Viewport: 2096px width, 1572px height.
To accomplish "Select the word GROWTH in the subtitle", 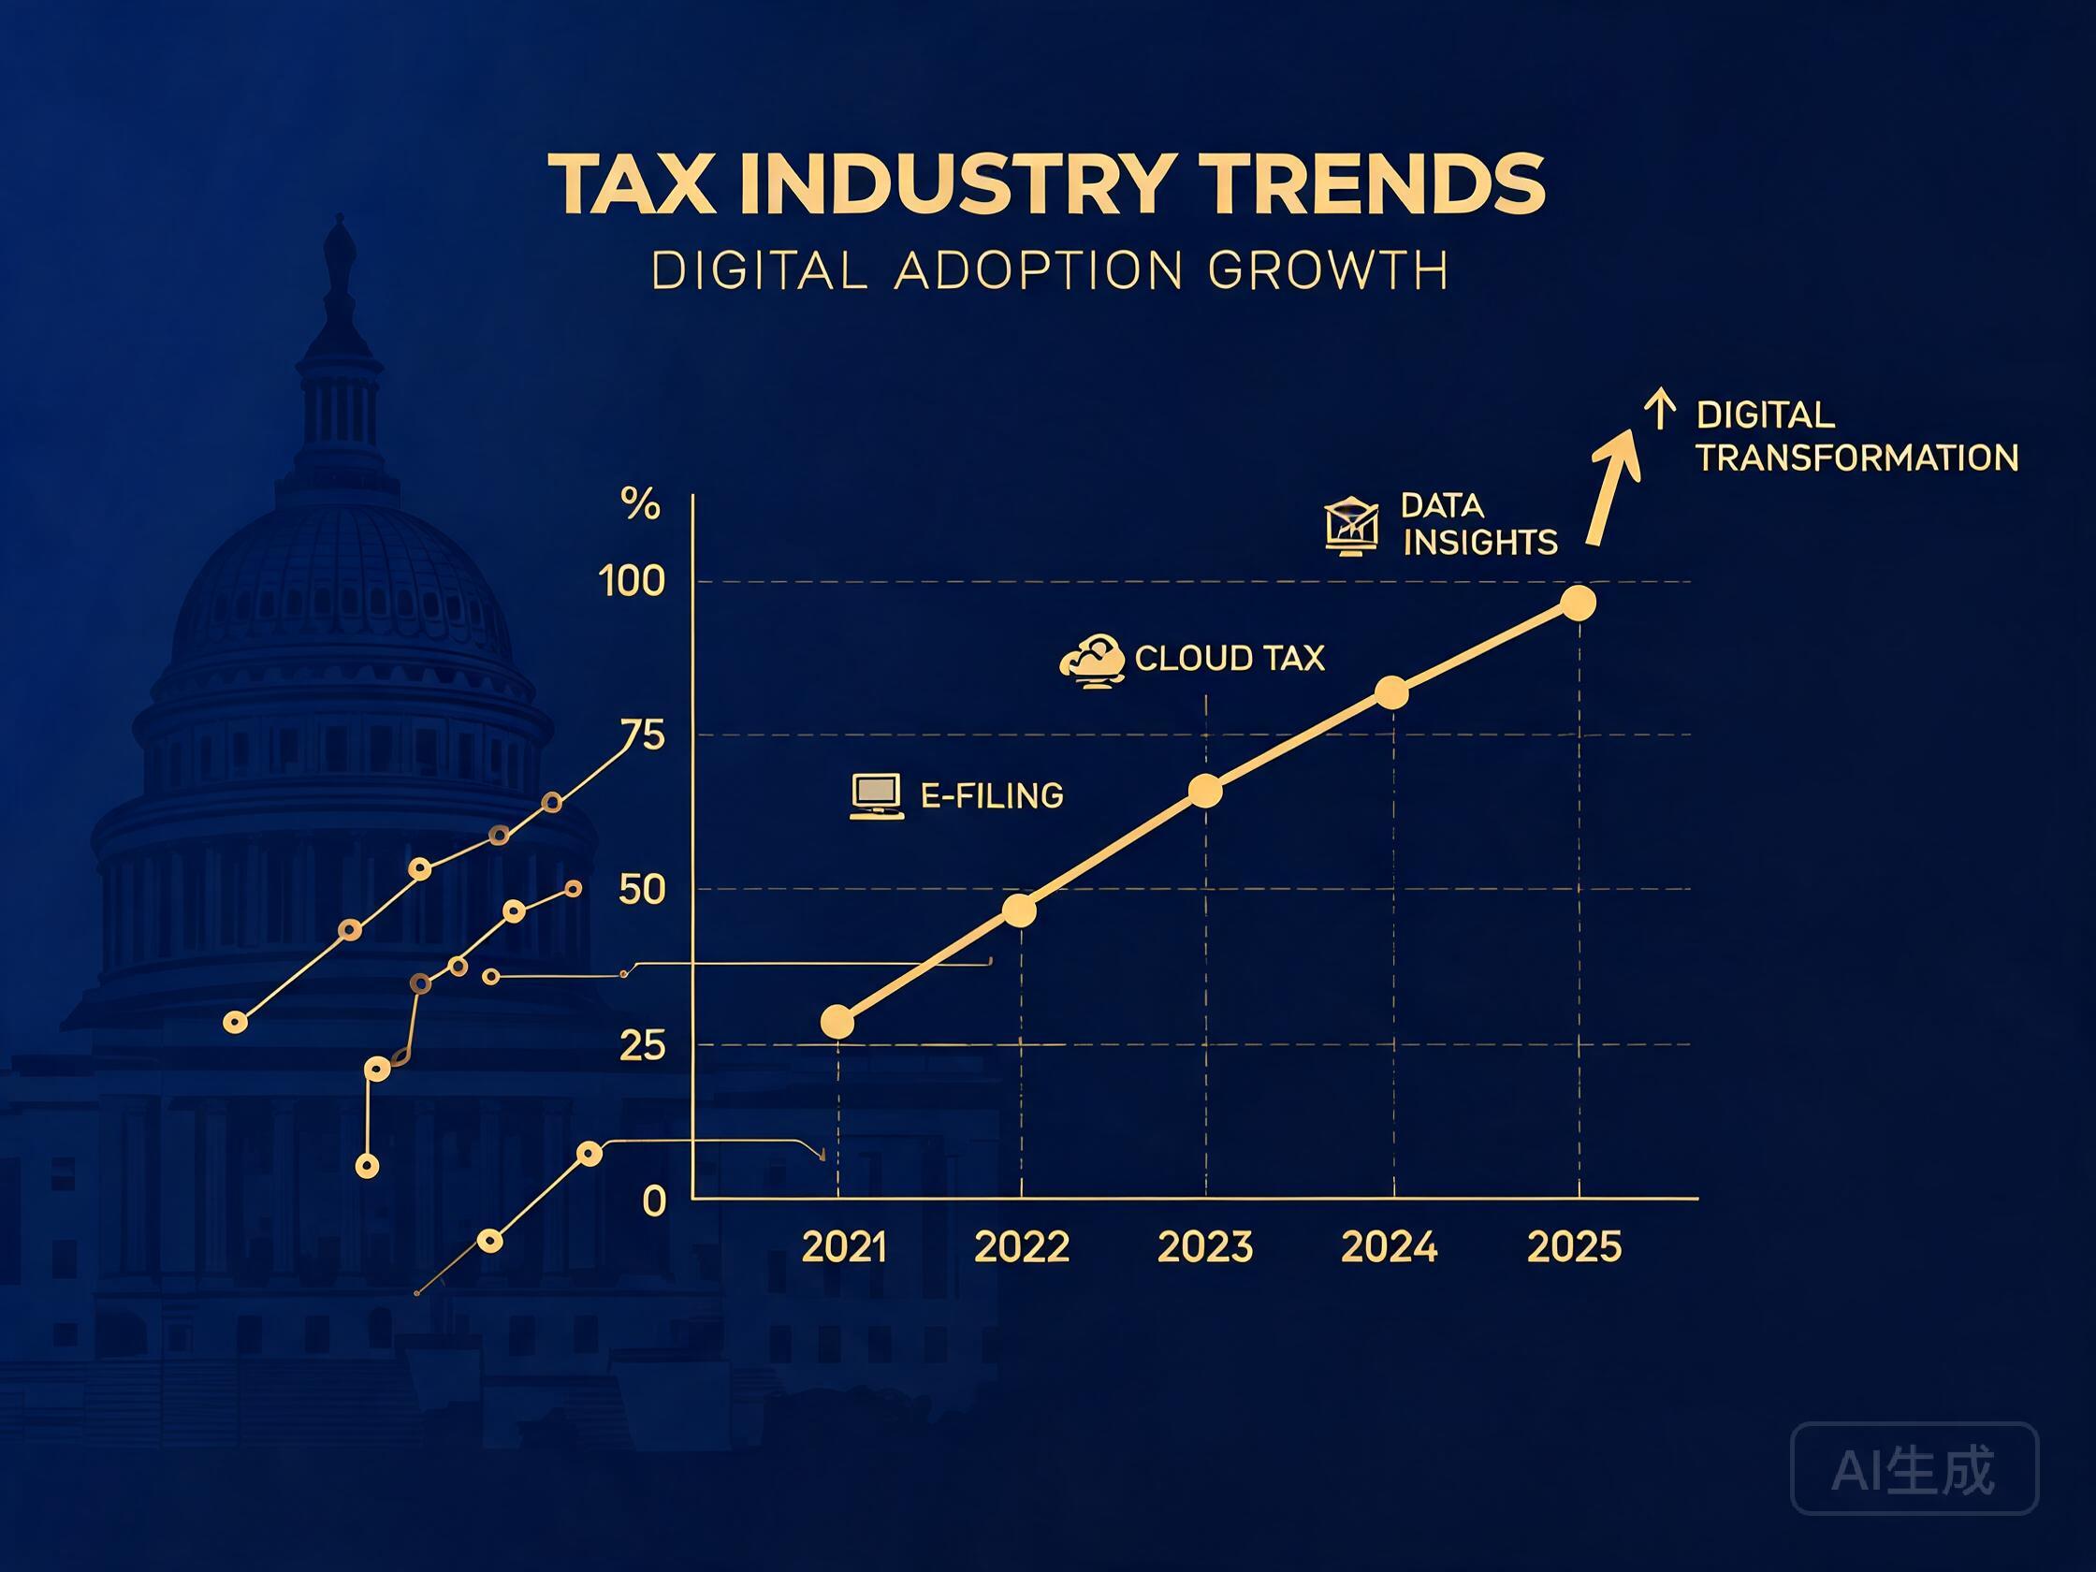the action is tap(1330, 271).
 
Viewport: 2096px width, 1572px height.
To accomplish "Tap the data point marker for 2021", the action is tap(837, 1023).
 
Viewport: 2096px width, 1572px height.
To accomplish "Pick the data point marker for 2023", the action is tap(1205, 792).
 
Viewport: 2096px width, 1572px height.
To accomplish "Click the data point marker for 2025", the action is tap(1578, 604).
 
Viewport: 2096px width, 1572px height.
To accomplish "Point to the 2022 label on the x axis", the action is tap(1022, 1247).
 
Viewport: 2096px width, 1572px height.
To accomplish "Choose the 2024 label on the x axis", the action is tap(1390, 1247).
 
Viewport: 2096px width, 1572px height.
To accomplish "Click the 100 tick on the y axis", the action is tap(632, 581).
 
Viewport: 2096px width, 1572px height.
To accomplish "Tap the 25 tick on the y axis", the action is tap(643, 1046).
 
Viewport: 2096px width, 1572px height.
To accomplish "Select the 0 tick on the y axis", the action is tap(654, 1201).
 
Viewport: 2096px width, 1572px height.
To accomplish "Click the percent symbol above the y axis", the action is tap(640, 505).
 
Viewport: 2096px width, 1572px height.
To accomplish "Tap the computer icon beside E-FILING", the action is tap(877, 797).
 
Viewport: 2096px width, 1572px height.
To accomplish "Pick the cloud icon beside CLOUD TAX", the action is tap(1093, 661).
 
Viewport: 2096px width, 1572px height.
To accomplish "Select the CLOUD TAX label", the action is tap(1229, 659).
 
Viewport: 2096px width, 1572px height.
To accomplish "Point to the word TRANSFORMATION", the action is tap(1857, 458).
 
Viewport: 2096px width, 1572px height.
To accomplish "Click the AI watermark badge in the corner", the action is tap(1914, 1469).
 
